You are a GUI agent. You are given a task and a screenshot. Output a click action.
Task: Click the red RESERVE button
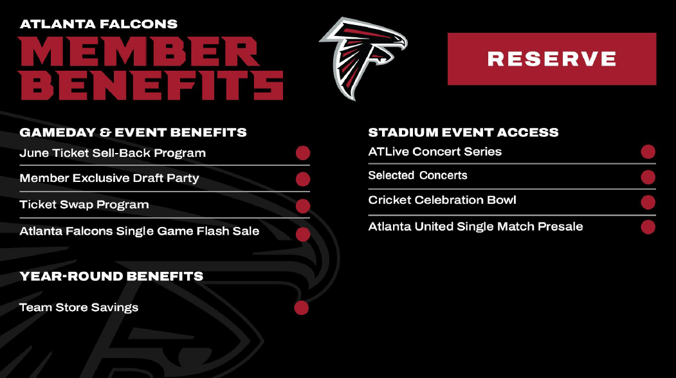point(551,59)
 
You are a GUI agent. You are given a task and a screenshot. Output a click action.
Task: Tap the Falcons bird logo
point(363,57)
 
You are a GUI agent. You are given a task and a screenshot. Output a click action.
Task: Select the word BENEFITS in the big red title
point(152,84)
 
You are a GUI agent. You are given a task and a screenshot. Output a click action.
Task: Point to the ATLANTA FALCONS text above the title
point(98,24)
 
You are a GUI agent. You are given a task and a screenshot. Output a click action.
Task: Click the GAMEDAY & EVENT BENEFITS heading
point(133,132)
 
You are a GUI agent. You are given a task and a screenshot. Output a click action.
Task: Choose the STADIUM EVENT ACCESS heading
point(463,132)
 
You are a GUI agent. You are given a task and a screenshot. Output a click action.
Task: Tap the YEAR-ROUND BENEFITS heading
point(111,276)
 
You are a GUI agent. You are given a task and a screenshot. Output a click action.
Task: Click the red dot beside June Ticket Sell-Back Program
point(302,153)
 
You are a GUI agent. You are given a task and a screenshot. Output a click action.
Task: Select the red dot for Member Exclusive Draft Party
point(302,179)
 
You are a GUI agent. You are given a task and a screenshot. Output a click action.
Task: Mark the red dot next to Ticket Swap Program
point(302,206)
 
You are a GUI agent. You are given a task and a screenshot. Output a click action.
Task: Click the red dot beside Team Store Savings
point(301,308)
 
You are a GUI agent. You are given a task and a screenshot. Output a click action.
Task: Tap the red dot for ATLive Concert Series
point(648,152)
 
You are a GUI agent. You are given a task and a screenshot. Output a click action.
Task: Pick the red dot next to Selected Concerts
point(648,177)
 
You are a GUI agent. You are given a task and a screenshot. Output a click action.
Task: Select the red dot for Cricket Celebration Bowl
point(648,203)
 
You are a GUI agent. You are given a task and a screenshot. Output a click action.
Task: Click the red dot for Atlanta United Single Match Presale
point(648,227)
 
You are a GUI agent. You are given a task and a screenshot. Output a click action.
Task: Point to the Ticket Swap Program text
point(84,205)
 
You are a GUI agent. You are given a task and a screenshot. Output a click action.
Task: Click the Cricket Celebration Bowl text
point(442,200)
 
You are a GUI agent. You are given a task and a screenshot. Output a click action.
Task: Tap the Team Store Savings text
point(79,307)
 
